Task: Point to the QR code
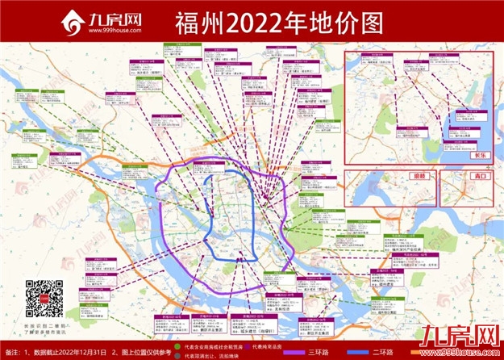(44, 298)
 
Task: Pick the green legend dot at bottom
(179, 345)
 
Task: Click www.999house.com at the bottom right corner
(469, 354)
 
